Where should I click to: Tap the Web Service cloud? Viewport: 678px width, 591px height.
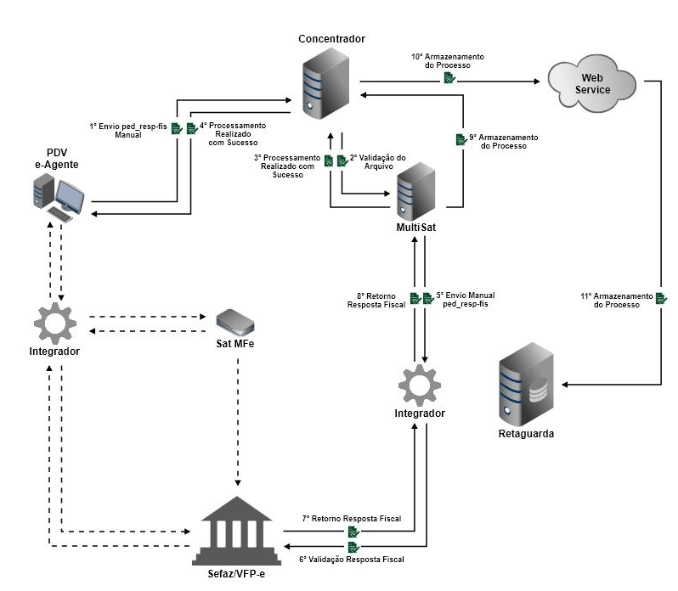tap(592, 82)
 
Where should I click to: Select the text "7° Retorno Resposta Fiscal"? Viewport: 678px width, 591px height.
tap(352, 518)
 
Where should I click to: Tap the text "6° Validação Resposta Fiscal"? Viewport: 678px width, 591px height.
tap(352, 559)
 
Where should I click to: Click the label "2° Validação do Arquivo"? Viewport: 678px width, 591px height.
tap(378, 162)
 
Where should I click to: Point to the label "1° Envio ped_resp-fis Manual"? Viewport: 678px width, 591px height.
tap(127, 129)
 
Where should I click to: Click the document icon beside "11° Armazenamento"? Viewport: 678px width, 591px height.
tap(660, 299)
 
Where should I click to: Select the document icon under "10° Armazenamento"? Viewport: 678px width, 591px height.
tap(449, 78)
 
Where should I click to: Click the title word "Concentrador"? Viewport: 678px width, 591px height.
tap(331, 40)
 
